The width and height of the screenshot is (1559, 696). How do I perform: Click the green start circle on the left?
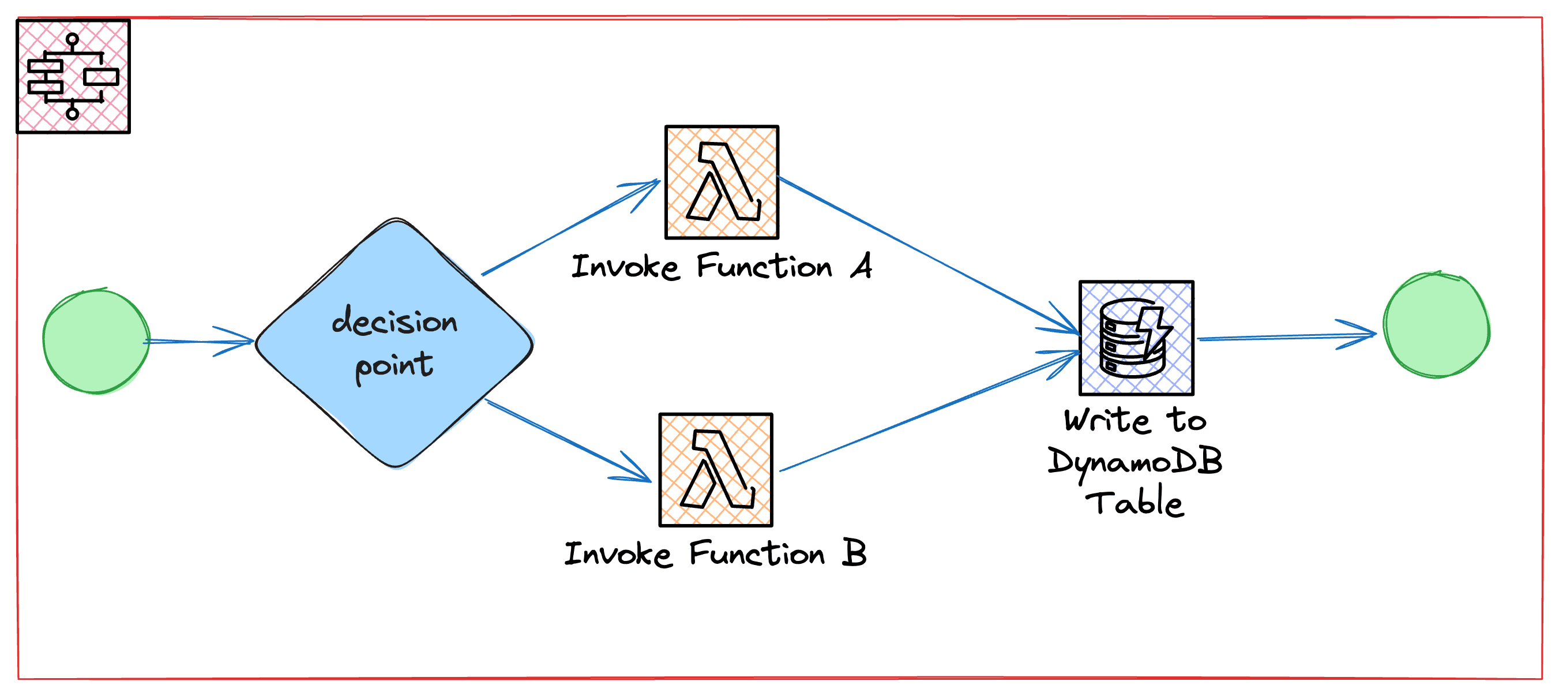pos(96,341)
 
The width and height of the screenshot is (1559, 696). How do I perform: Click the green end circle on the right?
pos(1436,325)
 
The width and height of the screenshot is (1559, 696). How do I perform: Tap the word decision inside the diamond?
pos(394,320)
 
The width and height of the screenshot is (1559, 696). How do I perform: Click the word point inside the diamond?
pos(394,365)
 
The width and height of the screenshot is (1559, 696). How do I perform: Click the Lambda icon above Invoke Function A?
pos(722,182)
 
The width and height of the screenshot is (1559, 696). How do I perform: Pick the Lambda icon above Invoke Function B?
pos(715,469)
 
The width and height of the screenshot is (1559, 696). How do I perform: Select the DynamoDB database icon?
pos(1136,338)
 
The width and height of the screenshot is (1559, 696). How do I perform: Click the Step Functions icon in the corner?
pos(73,76)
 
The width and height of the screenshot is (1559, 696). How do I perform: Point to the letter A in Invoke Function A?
pos(861,266)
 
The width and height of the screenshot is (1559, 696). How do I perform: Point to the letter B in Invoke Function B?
pos(854,553)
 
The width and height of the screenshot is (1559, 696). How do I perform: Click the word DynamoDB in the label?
pos(1134,462)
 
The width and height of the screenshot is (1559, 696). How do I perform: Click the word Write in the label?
pos(1107,420)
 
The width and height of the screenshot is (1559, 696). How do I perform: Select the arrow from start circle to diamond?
pos(200,342)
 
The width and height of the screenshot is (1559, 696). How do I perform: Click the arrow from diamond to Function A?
pos(569,229)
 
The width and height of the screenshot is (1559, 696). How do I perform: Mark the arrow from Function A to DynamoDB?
pos(926,255)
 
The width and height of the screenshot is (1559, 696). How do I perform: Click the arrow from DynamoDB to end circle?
pos(1283,336)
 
